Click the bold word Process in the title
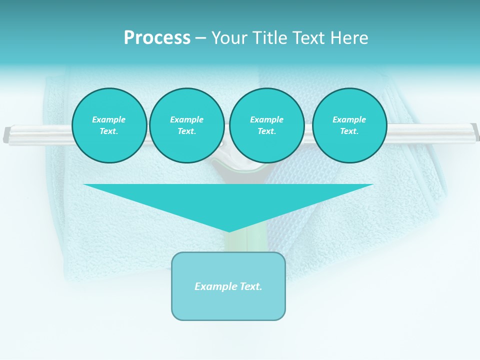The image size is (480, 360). point(157,38)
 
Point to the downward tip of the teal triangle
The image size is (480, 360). point(229,230)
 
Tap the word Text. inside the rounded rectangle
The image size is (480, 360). point(250,286)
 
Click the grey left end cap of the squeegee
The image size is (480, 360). point(6,135)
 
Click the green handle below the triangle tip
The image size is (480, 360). point(235,242)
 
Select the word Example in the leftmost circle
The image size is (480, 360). point(109,119)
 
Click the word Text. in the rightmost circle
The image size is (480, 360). point(349,131)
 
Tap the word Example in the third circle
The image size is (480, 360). point(266,119)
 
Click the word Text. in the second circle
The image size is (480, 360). point(186,131)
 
